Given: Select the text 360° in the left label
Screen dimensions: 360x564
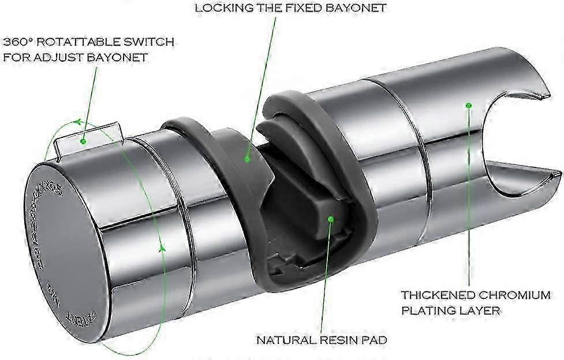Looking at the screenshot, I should coord(17,42).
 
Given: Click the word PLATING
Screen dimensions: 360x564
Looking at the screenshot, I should coord(425,310).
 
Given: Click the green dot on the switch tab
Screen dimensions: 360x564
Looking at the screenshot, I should coord(84,140).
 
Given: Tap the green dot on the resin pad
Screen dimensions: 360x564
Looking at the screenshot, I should coord(331,219).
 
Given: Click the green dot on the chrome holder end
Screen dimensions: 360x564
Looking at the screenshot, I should coord(469,106).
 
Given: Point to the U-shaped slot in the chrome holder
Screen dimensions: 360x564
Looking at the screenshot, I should coord(520,144).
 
